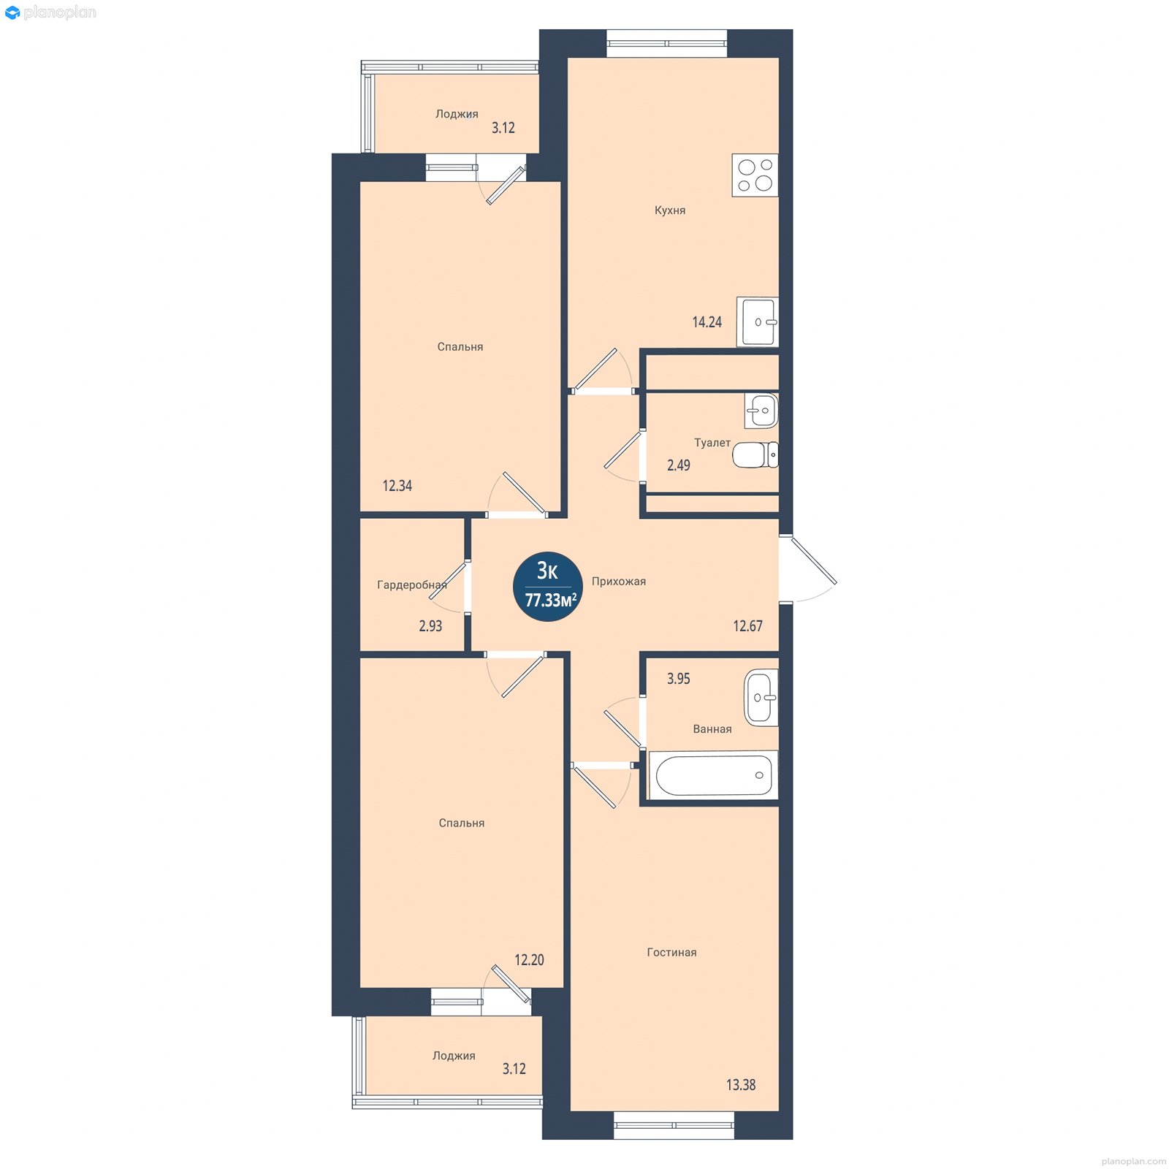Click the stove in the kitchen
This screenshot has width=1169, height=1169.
[755, 175]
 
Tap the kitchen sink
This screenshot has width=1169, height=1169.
[758, 321]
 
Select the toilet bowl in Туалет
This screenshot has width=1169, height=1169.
[755, 454]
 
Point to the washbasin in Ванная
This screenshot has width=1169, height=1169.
[761, 697]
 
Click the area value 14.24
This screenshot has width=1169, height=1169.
[707, 322]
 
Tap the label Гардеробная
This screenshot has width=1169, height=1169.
[412, 584]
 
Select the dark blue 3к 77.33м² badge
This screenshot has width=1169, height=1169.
[549, 586]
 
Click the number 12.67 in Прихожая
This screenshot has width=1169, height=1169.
[747, 626]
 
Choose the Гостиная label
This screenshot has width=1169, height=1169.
[672, 952]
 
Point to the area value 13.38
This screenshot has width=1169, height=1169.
[741, 1085]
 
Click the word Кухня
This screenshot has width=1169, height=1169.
[670, 210]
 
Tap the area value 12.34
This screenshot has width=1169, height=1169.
[397, 486]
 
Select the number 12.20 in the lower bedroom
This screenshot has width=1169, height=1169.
[529, 960]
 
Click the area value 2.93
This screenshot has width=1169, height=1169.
[430, 626]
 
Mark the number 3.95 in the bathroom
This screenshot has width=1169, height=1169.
[678, 679]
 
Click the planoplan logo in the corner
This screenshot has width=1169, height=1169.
[50, 12]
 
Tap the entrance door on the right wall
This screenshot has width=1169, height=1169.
[808, 569]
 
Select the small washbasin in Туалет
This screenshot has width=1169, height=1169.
[761, 411]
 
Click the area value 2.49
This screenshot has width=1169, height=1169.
[678, 465]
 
